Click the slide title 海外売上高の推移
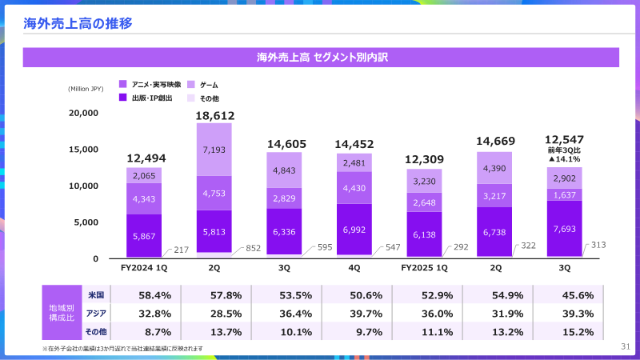(x=78, y=22)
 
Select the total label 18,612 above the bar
(x=214, y=116)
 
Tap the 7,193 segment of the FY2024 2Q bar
(x=214, y=150)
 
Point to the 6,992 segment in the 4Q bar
(x=354, y=230)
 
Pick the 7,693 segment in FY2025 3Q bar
(x=565, y=229)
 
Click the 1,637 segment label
(x=565, y=194)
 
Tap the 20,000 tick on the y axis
(x=83, y=113)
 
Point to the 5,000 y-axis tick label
(x=86, y=222)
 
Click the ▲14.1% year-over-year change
(x=564, y=159)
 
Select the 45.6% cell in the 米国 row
(x=564, y=294)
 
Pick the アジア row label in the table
(x=95, y=313)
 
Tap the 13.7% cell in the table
(x=214, y=331)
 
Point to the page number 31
(x=626, y=346)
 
